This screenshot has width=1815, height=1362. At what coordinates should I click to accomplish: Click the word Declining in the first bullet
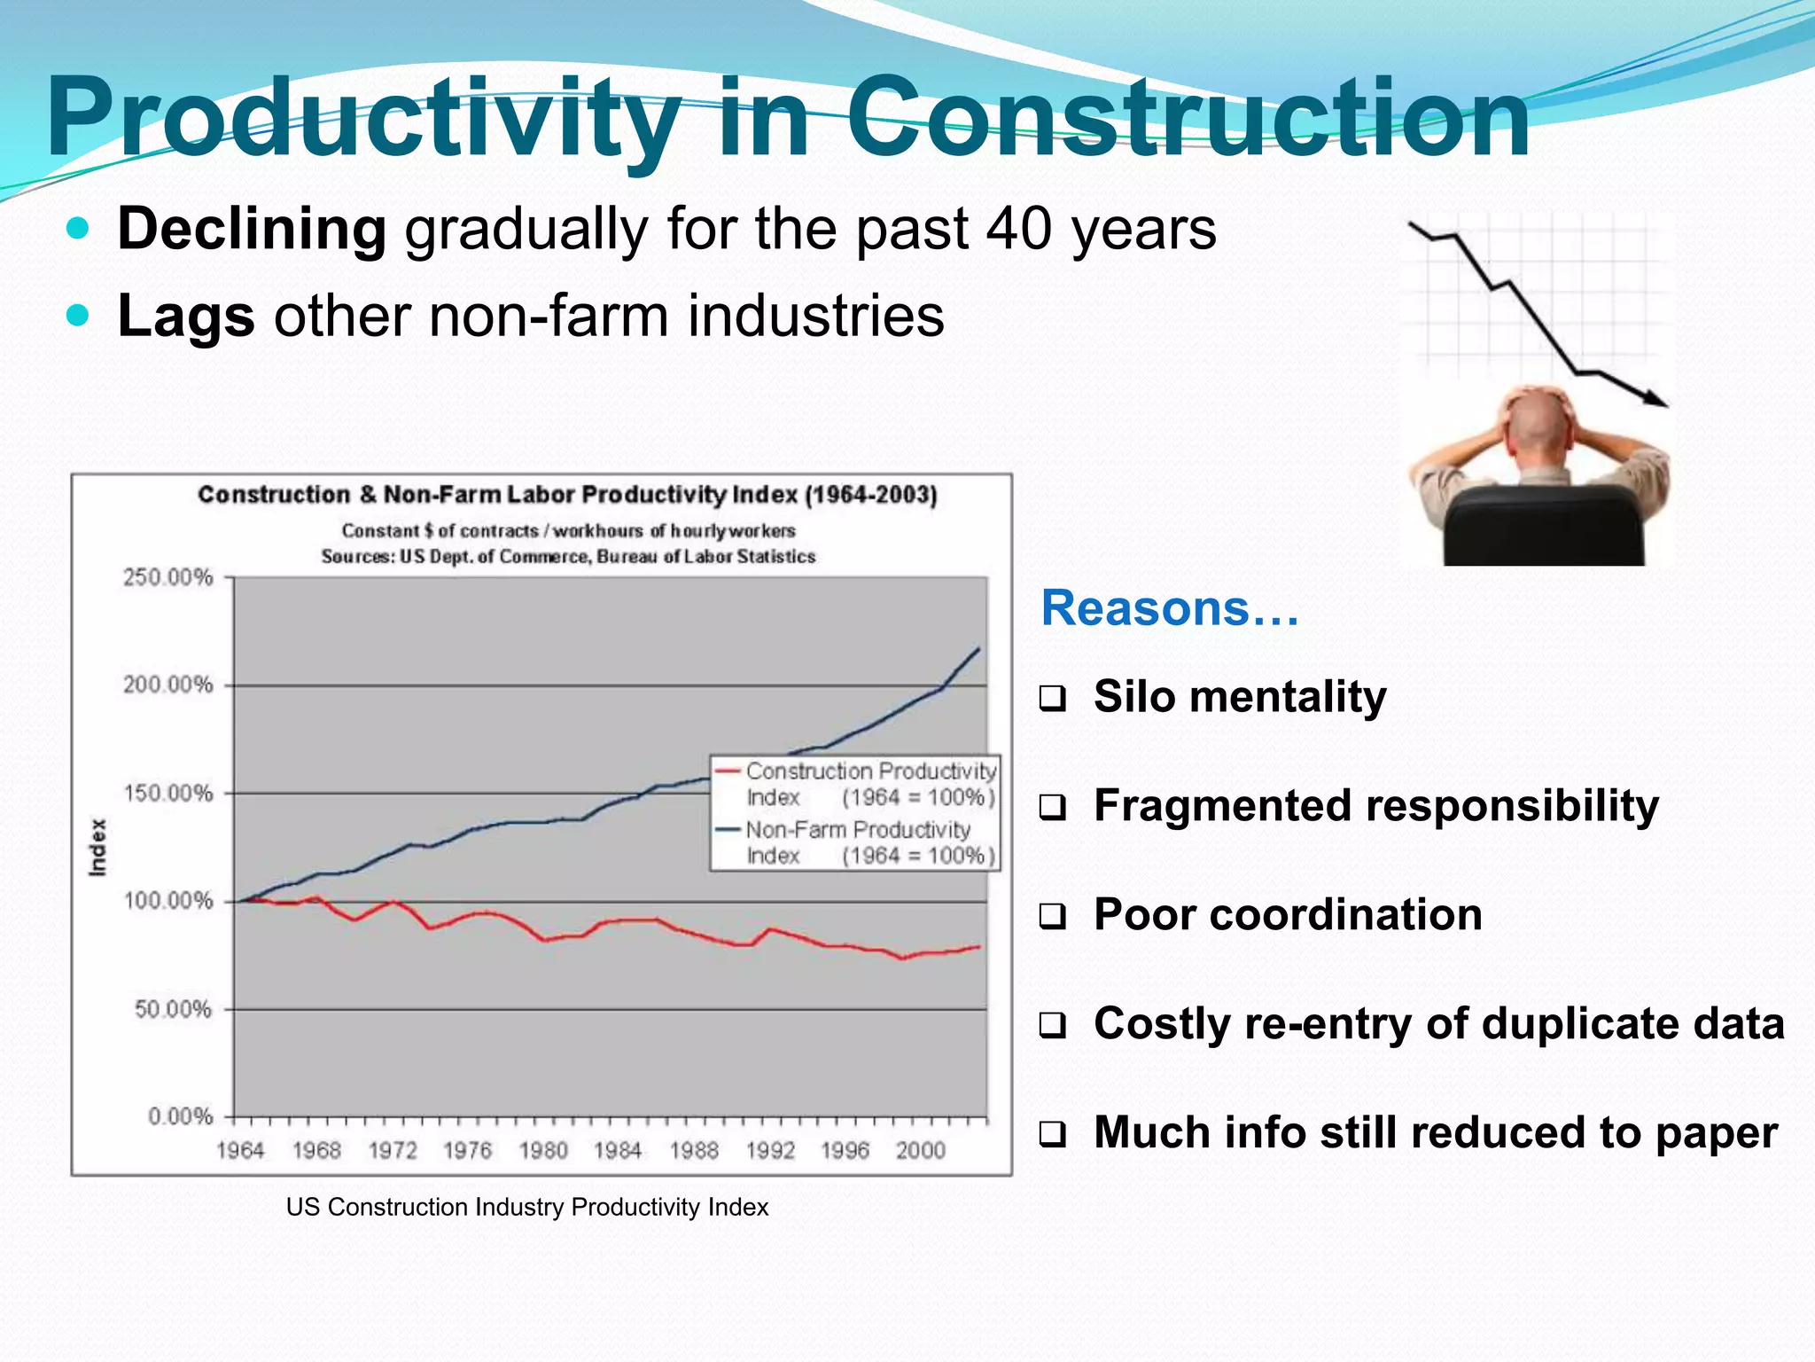tap(252, 229)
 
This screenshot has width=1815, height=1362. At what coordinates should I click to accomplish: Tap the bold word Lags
tap(186, 316)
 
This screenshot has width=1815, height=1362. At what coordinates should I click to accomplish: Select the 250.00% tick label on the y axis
tap(168, 578)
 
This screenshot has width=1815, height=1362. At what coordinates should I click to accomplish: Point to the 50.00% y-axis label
tap(174, 1009)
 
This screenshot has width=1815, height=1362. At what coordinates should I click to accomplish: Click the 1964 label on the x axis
tap(240, 1150)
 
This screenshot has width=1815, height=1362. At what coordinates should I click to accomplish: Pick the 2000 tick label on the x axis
tap(920, 1150)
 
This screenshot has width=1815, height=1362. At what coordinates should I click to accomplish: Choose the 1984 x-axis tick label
tap(618, 1150)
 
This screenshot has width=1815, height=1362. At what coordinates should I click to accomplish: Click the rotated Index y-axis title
tap(97, 848)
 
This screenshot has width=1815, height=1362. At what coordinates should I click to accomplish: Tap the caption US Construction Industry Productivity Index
tap(527, 1208)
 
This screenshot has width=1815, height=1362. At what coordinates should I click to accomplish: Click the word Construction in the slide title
tap(1188, 117)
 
